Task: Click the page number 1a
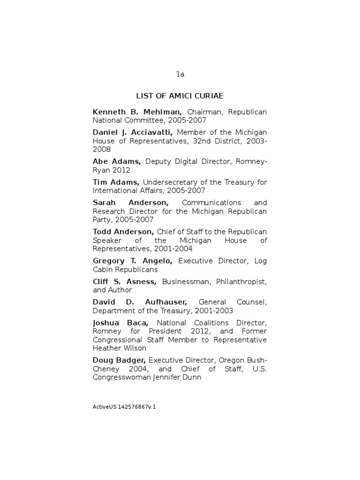[x=180, y=75]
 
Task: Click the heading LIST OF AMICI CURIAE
[x=180, y=96]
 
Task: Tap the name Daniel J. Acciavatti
[x=133, y=133]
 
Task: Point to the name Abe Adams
[x=117, y=162]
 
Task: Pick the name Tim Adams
[x=116, y=182]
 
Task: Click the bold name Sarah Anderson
[x=131, y=202]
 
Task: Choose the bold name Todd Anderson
[x=123, y=232]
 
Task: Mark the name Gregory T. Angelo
[x=133, y=261]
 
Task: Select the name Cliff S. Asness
[x=125, y=282]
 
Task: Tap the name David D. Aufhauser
[x=140, y=302]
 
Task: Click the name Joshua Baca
[x=121, y=323]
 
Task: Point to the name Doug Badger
[x=119, y=360]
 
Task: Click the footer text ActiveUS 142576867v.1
[x=124, y=407]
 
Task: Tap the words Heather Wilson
[x=120, y=348]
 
